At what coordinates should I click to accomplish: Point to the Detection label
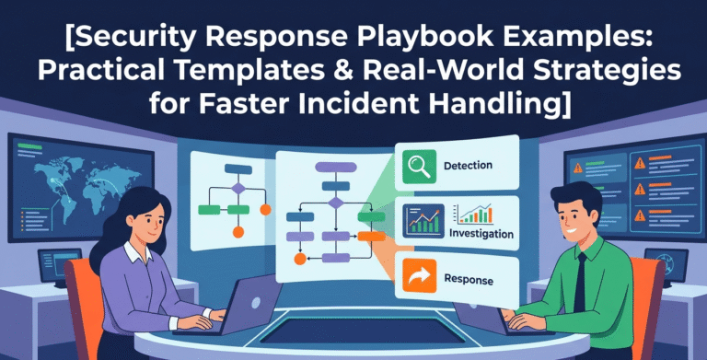[468, 166]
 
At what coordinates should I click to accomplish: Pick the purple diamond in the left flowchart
[238, 188]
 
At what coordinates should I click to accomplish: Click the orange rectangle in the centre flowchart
[371, 237]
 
